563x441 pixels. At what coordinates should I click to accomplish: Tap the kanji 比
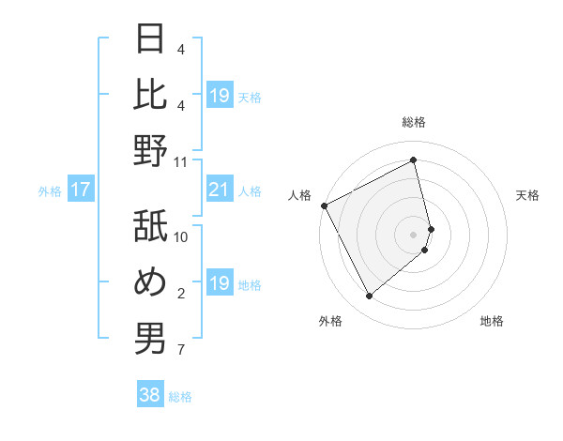pyautogui.click(x=150, y=95)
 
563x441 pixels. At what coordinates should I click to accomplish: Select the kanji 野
pyautogui.click(x=150, y=150)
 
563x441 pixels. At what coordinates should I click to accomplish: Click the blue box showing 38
pyautogui.click(x=150, y=395)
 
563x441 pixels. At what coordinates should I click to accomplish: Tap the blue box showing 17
pyautogui.click(x=81, y=190)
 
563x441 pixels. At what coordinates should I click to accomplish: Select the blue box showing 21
pyautogui.click(x=220, y=190)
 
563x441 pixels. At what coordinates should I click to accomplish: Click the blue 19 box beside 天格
pyautogui.click(x=220, y=95)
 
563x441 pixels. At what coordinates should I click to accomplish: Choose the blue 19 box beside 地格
pyautogui.click(x=220, y=283)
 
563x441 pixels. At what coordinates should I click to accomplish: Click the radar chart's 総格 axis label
pyautogui.click(x=414, y=122)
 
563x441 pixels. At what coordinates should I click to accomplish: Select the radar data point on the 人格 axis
pyautogui.click(x=324, y=205)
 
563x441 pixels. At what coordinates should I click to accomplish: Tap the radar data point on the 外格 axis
pyautogui.click(x=369, y=296)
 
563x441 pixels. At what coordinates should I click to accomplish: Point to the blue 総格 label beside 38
pyautogui.click(x=180, y=397)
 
